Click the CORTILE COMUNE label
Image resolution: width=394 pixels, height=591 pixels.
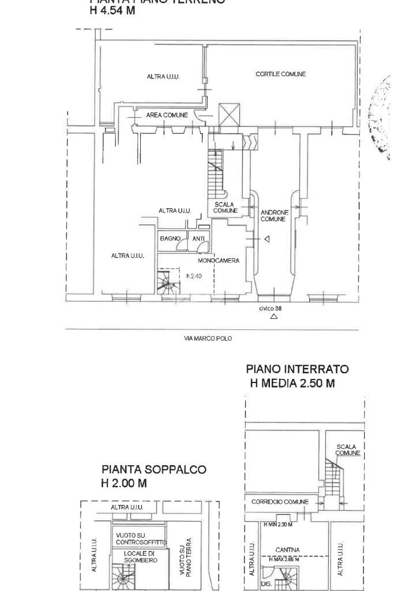[280, 74]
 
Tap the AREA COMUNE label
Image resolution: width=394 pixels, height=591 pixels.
[167, 116]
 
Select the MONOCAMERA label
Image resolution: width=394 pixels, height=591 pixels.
[218, 261]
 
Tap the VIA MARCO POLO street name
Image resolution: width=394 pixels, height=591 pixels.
[208, 339]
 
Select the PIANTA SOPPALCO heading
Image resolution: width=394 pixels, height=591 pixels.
[153, 470]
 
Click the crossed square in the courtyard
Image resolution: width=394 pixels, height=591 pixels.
[228, 114]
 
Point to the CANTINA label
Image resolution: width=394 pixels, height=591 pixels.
[286, 551]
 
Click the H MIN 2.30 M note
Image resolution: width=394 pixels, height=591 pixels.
[277, 524]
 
